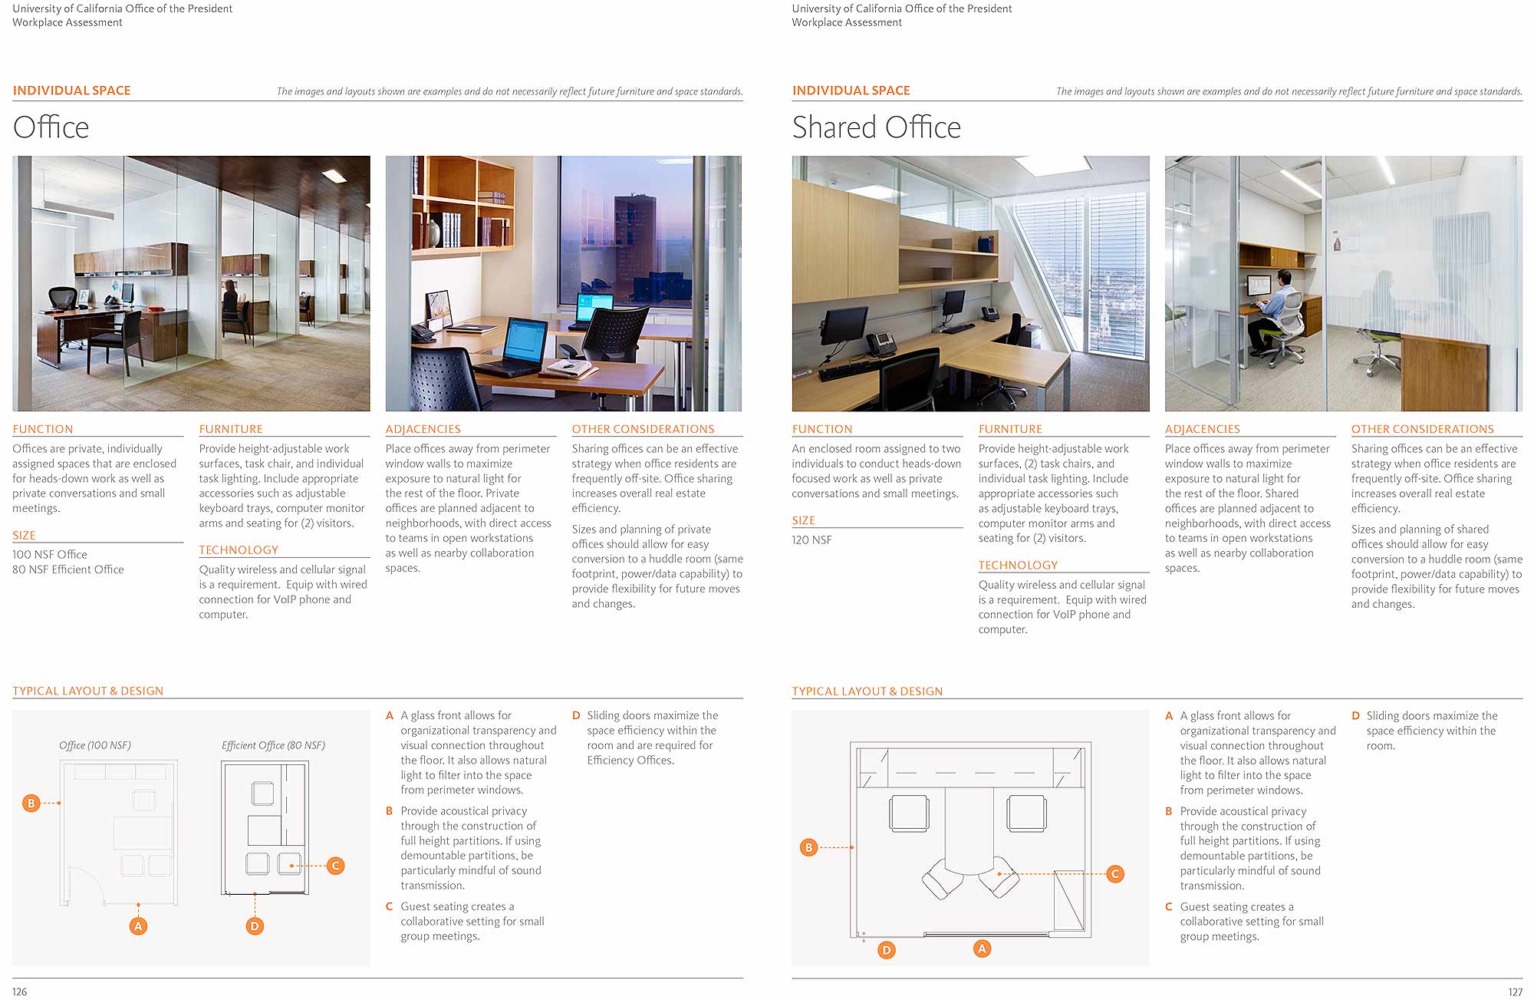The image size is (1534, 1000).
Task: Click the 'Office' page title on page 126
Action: coord(51,127)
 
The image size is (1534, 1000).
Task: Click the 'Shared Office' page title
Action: coord(876,127)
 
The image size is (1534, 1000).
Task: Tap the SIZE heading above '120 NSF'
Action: coord(803,520)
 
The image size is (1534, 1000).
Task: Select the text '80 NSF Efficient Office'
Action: coord(68,569)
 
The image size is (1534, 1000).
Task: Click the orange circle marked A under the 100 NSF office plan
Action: coord(138,926)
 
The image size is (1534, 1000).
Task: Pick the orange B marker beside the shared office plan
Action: coord(808,847)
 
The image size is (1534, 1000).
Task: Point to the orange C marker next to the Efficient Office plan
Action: coord(335,866)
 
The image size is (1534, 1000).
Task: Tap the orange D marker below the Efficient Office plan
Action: coord(255,926)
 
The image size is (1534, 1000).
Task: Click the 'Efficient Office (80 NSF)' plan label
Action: coord(273,745)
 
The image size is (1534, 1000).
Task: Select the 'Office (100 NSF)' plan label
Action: coord(95,745)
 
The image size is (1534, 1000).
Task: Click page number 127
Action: coord(1515,992)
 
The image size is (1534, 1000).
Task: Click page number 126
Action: coord(20,992)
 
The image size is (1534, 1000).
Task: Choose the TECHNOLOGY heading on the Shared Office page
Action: coord(1018,566)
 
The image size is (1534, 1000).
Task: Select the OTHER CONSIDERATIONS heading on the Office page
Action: coord(643,429)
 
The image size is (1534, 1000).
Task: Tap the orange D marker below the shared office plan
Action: coord(887,950)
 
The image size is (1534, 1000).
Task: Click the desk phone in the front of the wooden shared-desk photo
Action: coord(878,343)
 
